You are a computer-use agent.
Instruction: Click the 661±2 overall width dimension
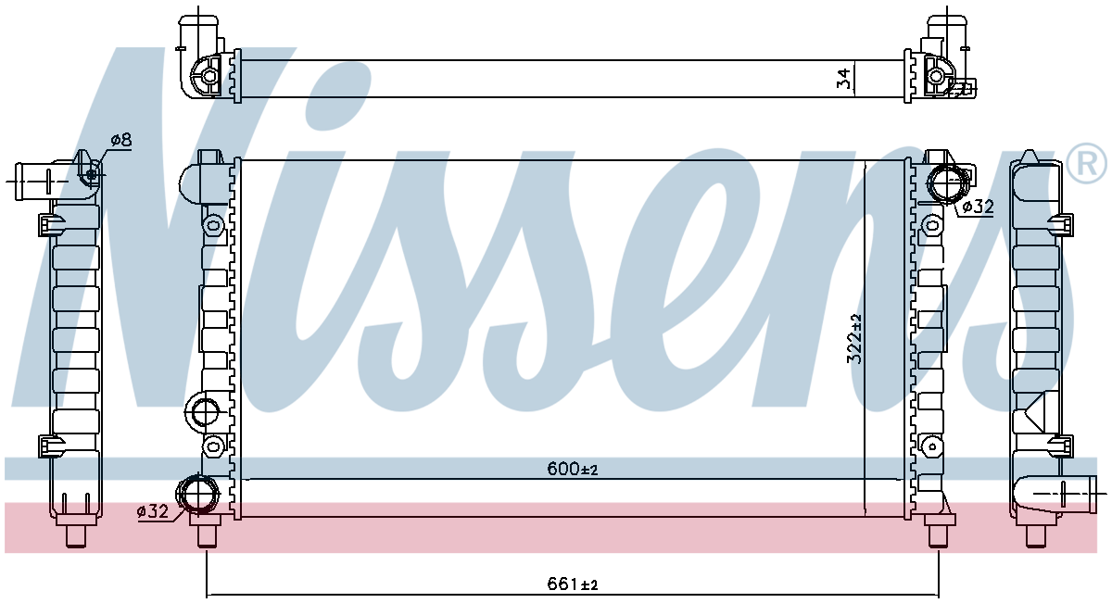coord(573,584)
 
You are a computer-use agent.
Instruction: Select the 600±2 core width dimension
coord(573,469)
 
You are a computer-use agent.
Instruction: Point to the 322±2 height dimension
coord(854,339)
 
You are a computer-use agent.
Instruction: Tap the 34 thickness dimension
coord(843,79)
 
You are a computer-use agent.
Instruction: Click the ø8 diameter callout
coord(121,140)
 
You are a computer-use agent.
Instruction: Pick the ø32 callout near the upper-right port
coord(978,207)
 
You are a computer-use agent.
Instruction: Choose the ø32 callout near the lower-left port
coord(153,511)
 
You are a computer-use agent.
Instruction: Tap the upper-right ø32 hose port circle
coord(948,185)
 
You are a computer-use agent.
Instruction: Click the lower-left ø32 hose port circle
coord(197,494)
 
